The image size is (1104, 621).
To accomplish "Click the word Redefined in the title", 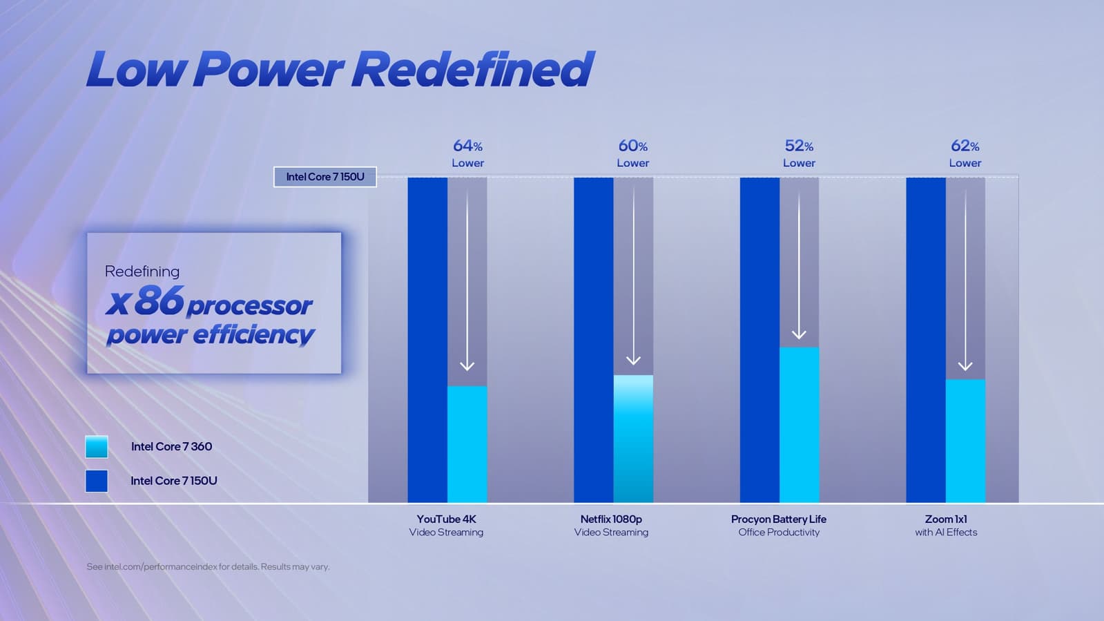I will pos(474,70).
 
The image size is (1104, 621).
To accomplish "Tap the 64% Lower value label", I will pos(467,153).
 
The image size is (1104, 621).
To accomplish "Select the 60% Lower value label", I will pos(632,153).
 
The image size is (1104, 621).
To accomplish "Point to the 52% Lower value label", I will pos(799,153).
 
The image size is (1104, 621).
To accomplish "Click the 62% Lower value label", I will pos(965,153).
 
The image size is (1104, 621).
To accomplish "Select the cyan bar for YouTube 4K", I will pos(467,443).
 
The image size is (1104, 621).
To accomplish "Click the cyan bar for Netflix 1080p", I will pos(633,439).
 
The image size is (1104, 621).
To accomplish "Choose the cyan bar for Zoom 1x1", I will pos(965,441).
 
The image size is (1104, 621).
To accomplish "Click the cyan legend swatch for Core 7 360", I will pos(97,447).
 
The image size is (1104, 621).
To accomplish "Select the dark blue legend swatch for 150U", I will pos(97,481).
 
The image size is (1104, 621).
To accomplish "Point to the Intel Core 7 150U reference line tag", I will pos(325,177).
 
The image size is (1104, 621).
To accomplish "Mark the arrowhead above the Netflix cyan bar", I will pos(633,361).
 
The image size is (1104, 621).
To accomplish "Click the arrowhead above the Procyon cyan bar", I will pos(799,334).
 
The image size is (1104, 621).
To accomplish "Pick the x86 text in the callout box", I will pos(145,301).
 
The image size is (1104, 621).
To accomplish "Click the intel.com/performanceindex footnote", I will pos(208,566).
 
